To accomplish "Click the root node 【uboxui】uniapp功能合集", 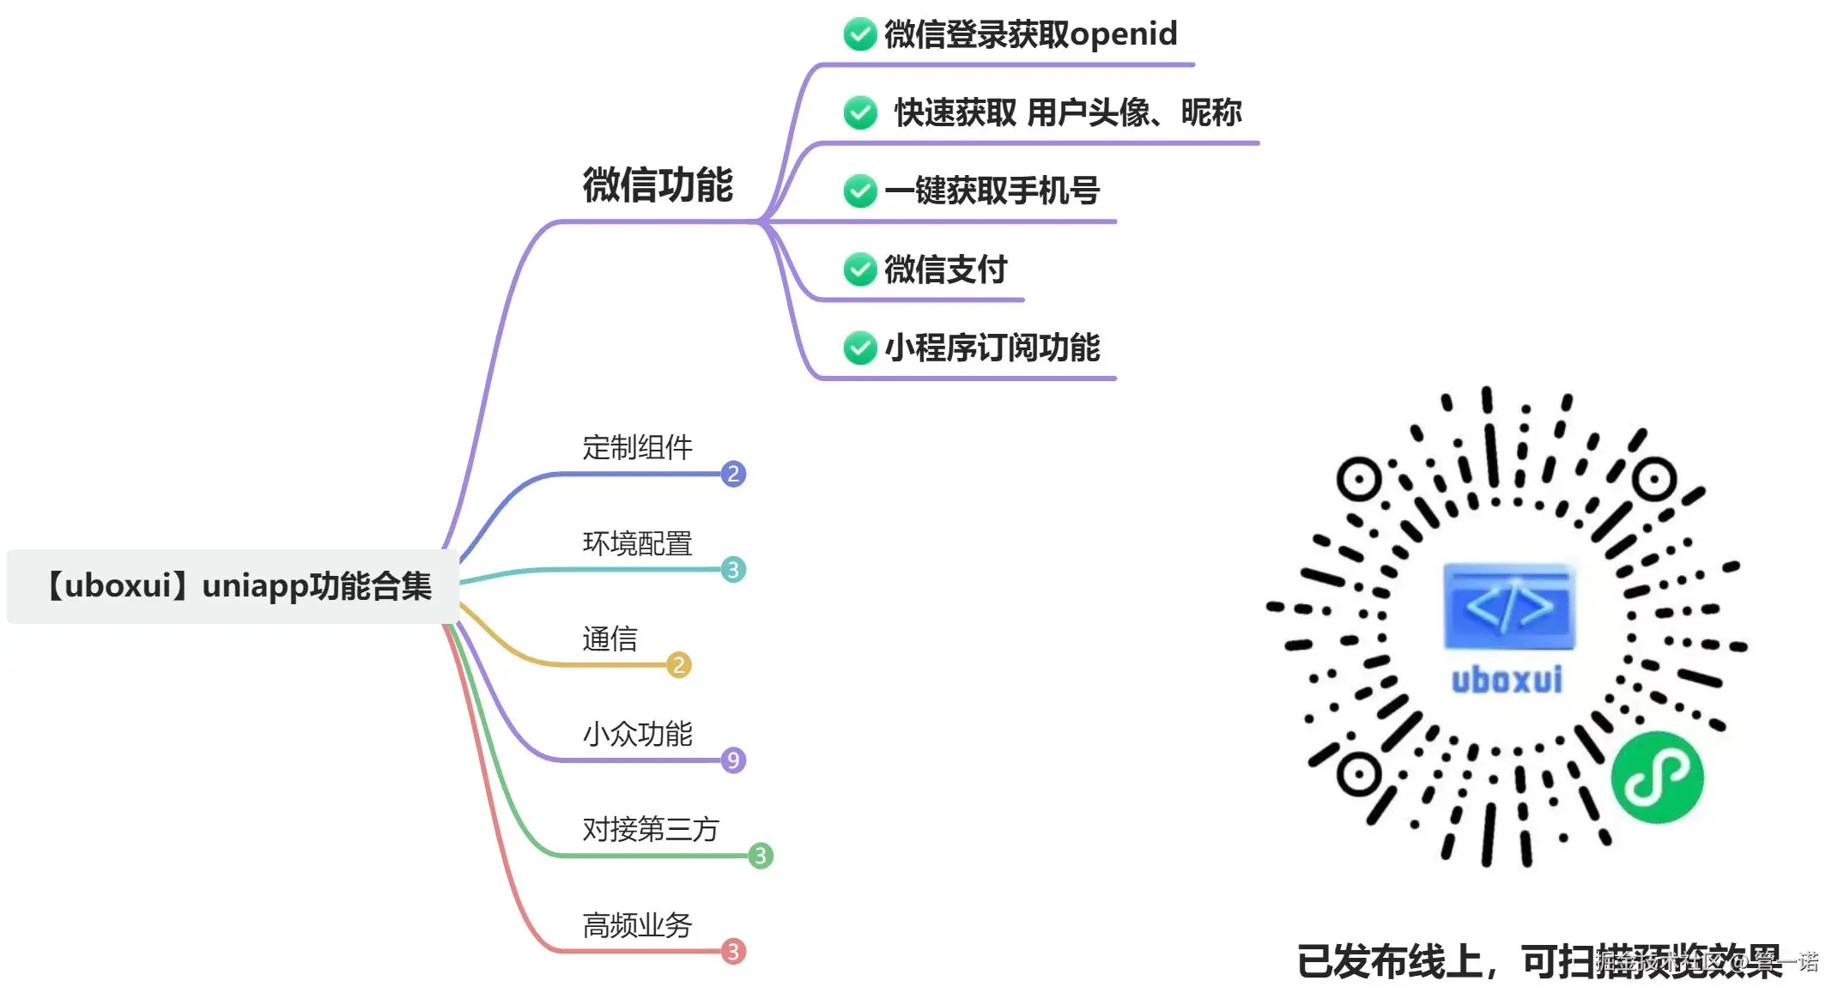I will [234, 586].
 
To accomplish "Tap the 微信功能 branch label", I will [658, 185].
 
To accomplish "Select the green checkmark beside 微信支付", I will [859, 269].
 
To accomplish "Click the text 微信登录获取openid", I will [1030, 34].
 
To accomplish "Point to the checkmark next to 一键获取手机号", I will [859, 191].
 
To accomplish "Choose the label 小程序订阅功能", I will [992, 348].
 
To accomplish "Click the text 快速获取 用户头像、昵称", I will [1067, 112].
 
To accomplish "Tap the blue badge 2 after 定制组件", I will [733, 474].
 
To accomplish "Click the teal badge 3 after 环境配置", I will [733, 569].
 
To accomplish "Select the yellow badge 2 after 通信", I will [679, 664].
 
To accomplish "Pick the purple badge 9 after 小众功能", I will [733, 760].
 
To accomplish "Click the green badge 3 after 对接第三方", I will [761, 856].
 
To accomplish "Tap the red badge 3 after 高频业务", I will [733, 951].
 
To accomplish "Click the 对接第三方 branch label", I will [650, 829].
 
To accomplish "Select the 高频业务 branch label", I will [637, 924].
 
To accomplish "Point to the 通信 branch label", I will [610, 639].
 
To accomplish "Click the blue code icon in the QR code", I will [1508, 607].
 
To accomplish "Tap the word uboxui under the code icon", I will [1507, 680].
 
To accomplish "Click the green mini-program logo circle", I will [1656, 777].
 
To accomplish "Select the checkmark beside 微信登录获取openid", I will [859, 34].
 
